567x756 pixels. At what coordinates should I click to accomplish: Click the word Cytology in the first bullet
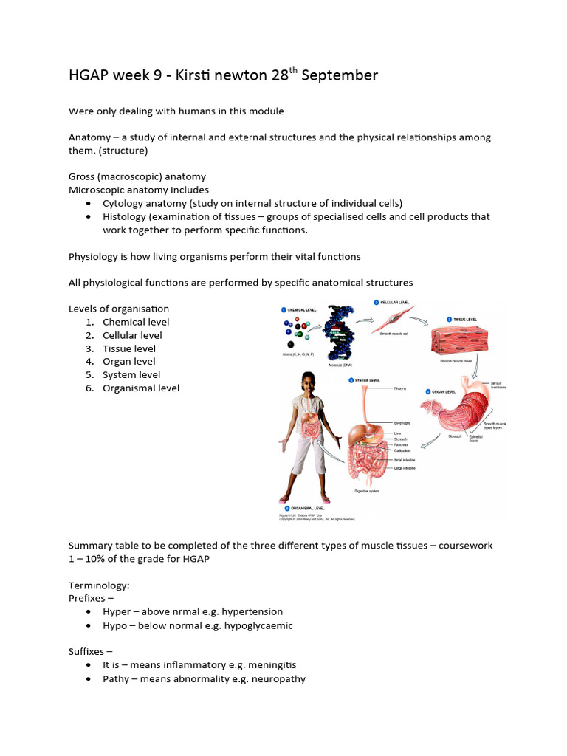[124, 203]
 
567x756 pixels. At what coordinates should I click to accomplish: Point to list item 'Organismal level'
[141, 388]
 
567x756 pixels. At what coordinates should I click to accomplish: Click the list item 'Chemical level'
[136, 322]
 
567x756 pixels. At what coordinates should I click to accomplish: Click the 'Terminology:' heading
[99, 585]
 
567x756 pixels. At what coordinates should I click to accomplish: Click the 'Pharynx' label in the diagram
[401, 387]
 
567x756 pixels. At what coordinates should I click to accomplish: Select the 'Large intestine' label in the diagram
[404, 467]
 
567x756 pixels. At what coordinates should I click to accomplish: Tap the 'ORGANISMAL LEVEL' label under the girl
[305, 508]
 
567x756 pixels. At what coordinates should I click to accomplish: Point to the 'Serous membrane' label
[500, 385]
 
